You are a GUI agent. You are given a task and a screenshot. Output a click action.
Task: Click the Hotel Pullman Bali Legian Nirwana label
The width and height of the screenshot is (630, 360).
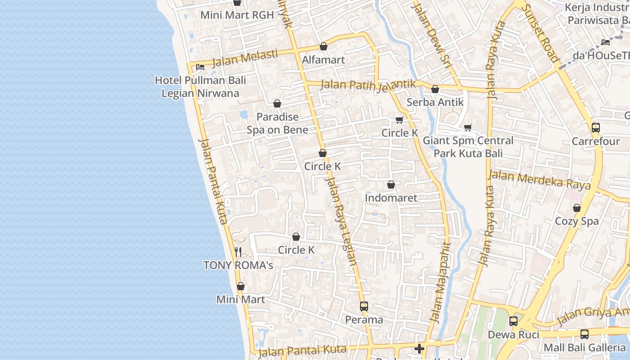[200, 87]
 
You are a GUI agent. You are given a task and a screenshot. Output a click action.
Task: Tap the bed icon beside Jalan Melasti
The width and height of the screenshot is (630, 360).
[200, 67]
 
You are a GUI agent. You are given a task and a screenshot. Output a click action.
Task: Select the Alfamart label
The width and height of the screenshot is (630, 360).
[323, 60]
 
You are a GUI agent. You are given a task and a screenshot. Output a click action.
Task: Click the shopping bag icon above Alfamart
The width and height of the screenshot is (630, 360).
[323, 46]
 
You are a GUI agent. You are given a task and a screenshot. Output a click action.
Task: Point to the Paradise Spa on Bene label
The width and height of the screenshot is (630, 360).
[277, 123]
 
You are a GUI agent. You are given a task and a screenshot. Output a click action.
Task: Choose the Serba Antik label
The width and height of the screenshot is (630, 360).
[435, 102]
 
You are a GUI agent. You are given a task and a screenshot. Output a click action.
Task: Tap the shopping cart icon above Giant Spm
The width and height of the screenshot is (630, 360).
[468, 128]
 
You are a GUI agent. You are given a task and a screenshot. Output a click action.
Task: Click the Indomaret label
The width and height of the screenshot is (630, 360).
[391, 198]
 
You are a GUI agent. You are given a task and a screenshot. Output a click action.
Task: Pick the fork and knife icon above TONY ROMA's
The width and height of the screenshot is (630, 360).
[238, 252]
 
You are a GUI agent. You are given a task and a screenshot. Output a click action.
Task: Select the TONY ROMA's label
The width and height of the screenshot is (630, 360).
[238, 265]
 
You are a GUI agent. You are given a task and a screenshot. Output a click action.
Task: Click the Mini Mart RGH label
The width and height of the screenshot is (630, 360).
[237, 15]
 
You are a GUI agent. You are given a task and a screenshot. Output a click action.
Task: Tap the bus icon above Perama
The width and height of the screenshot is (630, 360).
[364, 306]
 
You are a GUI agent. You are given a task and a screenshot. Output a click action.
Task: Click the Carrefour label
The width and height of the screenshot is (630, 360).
[595, 141]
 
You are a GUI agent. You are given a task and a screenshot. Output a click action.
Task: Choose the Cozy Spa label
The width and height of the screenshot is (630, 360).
[576, 221]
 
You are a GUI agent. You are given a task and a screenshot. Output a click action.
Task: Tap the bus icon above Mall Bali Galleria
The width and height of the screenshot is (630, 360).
[584, 334]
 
